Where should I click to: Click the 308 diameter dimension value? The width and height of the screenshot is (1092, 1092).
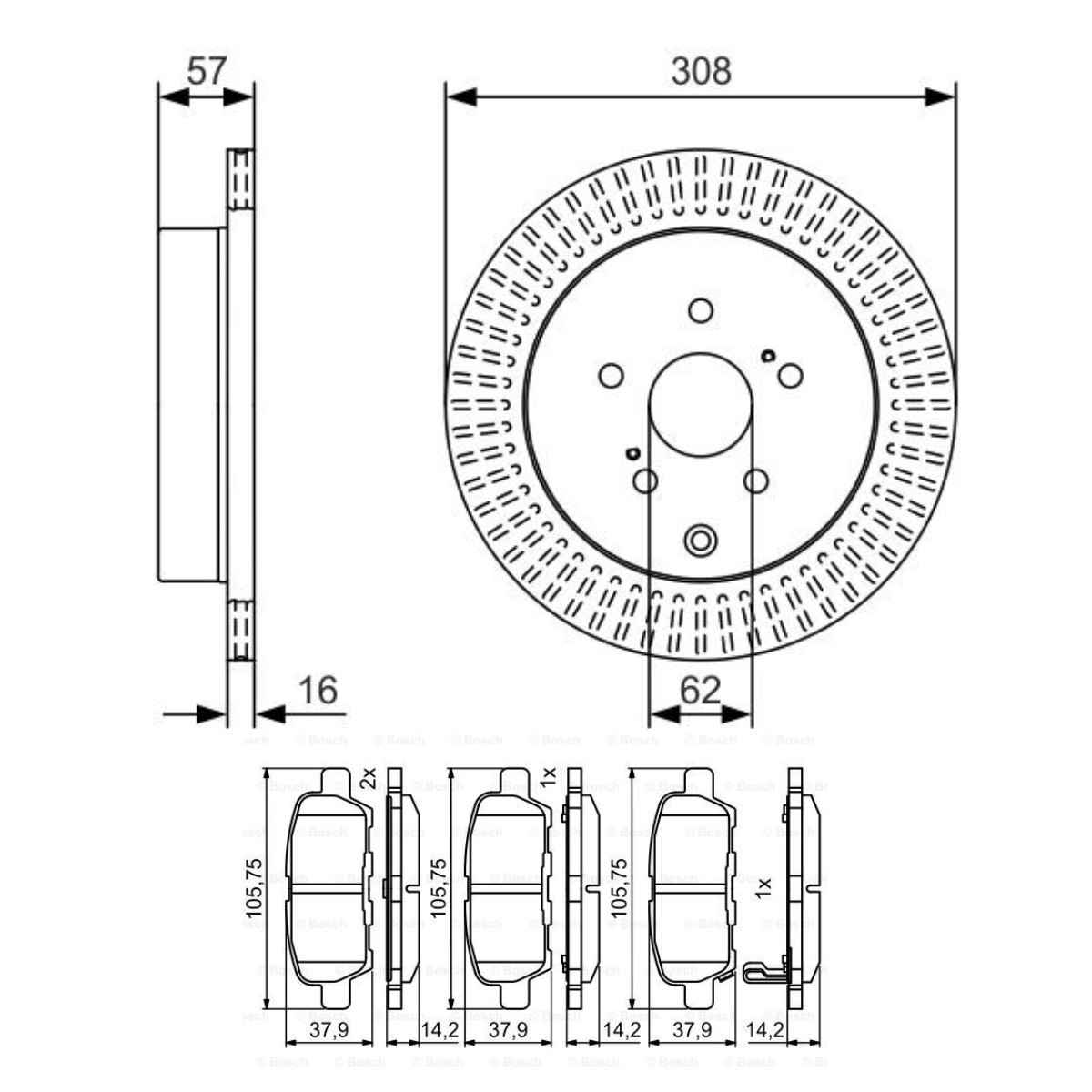click(701, 70)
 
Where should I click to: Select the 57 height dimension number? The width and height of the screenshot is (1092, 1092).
click(206, 70)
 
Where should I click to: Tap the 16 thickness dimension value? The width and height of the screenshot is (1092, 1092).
click(318, 691)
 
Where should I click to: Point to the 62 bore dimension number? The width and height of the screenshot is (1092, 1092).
click(700, 691)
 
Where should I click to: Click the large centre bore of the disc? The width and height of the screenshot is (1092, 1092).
click(700, 405)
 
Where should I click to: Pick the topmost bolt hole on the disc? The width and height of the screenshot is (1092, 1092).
click(700, 311)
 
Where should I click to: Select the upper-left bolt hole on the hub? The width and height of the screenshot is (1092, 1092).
click(611, 375)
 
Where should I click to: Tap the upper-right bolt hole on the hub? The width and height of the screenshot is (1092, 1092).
click(790, 375)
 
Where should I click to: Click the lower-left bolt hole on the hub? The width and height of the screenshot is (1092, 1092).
click(645, 481)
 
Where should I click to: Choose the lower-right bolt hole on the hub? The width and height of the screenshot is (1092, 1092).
click(755, 481)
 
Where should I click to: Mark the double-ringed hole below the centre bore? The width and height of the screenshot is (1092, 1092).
click(700, 540)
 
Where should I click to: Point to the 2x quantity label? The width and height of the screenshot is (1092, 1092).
click(368, 777)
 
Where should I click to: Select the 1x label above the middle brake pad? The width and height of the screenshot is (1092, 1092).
click(547, 777)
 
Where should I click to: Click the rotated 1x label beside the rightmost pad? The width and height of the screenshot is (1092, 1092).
click(764, 886)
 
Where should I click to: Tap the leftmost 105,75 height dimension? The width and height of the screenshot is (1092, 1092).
click(255, 886)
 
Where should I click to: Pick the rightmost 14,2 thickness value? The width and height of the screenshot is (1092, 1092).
click(764, 1030)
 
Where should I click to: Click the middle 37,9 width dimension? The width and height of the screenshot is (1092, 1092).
click(508, 1030)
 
